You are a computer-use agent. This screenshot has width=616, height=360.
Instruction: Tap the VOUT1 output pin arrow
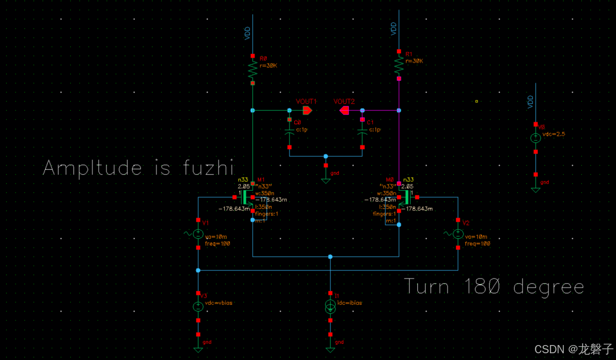click(307, 111)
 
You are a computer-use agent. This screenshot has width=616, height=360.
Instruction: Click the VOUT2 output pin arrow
click(344, 111)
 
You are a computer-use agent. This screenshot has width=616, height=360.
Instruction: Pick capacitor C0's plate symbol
click(289, 131)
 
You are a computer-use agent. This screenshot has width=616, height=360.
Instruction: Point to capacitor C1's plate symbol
click(362, 131)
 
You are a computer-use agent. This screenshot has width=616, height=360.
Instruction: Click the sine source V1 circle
click(198, 234)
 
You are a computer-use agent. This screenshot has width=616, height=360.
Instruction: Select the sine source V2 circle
click(458, 234)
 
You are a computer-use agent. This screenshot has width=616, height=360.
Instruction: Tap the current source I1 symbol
click(330, 307)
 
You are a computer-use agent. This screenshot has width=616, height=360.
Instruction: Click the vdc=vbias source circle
click(198, 306)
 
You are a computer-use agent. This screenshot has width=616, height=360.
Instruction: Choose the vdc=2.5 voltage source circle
click(535, 138)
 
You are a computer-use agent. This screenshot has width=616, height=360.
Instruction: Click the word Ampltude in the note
click(92, 168)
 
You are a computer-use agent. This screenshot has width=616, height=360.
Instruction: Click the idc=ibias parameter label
click(349, 303)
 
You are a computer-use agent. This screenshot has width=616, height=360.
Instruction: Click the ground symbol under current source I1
click(330, 348)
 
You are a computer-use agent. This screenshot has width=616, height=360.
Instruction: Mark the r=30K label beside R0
click(268, 66)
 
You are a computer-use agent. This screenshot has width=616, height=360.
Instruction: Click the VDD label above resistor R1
click(394, 28)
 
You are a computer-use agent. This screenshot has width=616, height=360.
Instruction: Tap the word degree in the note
click(548, 288)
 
